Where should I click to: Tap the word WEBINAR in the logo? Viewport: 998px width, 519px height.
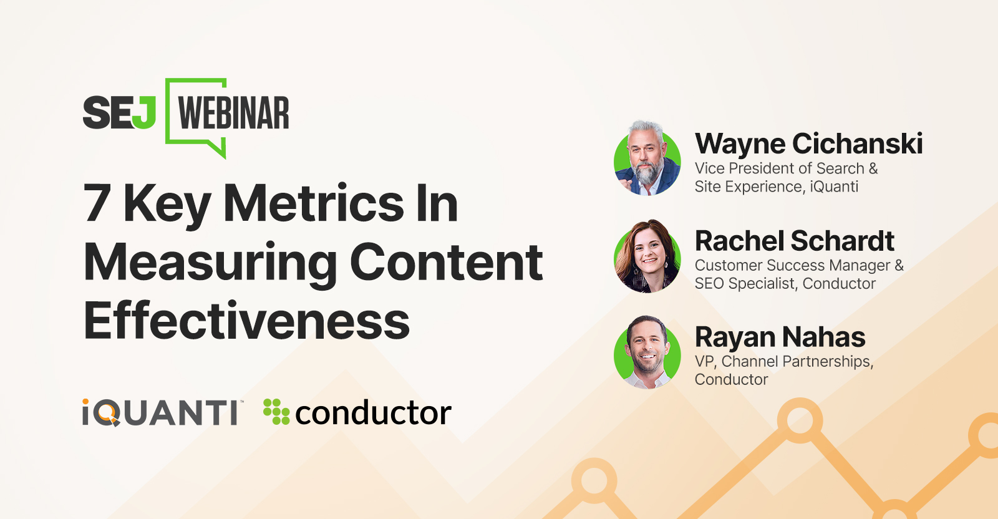coord(233,113)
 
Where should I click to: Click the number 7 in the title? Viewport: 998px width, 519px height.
coord(97,202)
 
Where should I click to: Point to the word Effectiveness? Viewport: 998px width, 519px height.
coord(246,319)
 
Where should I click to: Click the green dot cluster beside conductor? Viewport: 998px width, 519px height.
coord(276,412)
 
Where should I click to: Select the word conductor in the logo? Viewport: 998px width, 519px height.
coord(374,412)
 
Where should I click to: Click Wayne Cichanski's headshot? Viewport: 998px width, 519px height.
coord(647,158)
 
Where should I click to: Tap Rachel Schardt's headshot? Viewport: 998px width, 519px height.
coord(647,256)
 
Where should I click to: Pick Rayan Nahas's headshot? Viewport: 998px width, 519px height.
coord(647,352)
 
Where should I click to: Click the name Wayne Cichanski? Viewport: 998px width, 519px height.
coord(808,143)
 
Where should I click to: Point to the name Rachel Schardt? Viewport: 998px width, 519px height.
coord(795,241)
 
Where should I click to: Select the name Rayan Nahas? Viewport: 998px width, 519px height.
coord(780,337)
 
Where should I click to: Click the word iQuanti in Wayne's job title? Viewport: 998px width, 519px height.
coord(833,187)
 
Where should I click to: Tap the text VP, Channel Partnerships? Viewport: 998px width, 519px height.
coord(784,362)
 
